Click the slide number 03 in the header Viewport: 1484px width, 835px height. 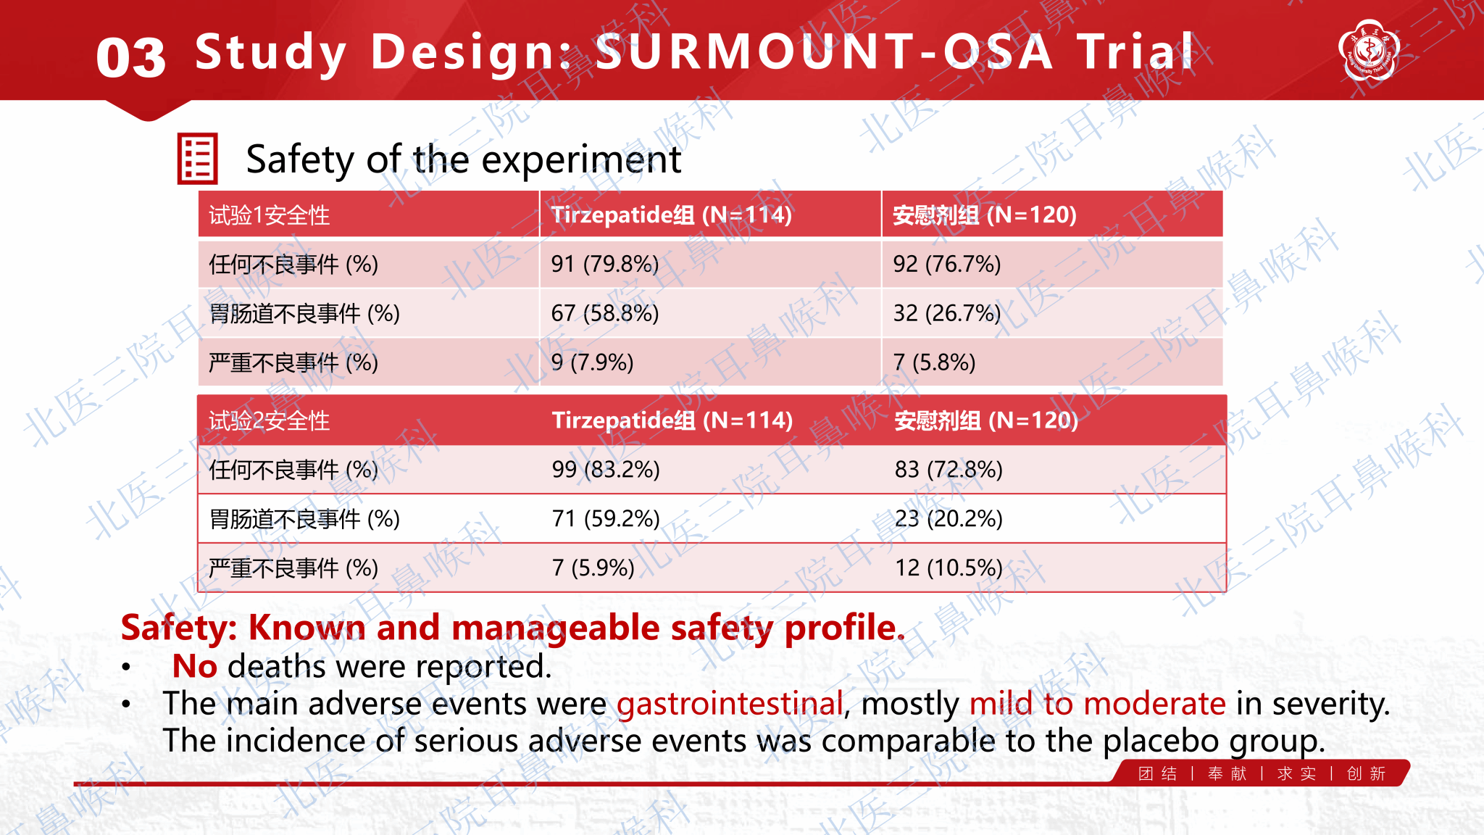point(130,58)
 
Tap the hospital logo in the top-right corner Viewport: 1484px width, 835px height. point(1369,49)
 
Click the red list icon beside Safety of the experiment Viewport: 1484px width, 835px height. point(197,158)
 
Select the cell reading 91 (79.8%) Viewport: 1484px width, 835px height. point(604,264)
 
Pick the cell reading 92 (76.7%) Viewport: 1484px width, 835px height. point(946,264)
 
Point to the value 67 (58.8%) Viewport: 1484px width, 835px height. point(604,313)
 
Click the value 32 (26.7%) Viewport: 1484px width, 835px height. point(946,313)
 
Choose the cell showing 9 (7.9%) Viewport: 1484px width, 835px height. point(592,362)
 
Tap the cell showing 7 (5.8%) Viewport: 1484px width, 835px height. point(934,362)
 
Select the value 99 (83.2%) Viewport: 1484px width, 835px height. point(606,470)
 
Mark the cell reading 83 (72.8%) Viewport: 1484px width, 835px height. point(949,470)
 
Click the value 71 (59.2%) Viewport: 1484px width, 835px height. point(606,519)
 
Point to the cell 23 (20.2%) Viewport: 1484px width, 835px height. point(949,519)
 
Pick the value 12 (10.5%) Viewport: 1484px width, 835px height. point(949,568)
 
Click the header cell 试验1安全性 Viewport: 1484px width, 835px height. point(269,215)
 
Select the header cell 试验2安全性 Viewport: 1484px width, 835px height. point(269,421)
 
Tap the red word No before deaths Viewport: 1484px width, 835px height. point(194,666)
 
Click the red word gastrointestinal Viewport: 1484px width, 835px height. point(730,704)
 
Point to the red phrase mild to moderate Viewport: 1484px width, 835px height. point(1097,704)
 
